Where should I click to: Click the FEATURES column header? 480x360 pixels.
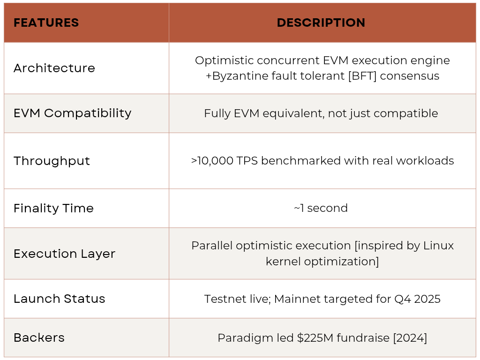46,22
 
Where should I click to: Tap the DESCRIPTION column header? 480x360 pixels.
321,22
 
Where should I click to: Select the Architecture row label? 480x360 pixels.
54,68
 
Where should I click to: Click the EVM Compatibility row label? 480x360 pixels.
73,113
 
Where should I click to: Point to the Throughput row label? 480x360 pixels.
52,161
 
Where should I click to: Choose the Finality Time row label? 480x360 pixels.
53,208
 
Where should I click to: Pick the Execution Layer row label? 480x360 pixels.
64,254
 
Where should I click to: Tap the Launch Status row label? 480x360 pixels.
60,299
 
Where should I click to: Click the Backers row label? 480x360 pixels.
39,337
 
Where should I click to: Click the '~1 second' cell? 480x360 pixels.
321,208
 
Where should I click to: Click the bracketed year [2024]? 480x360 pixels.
410,338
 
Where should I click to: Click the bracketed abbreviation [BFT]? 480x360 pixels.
362,76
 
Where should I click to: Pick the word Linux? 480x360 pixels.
438,246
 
